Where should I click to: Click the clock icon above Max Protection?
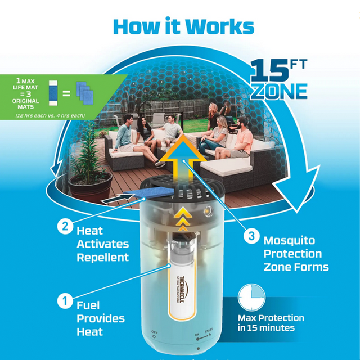(x=250, y=298)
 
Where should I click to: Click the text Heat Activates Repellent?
(x=102, y=244)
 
